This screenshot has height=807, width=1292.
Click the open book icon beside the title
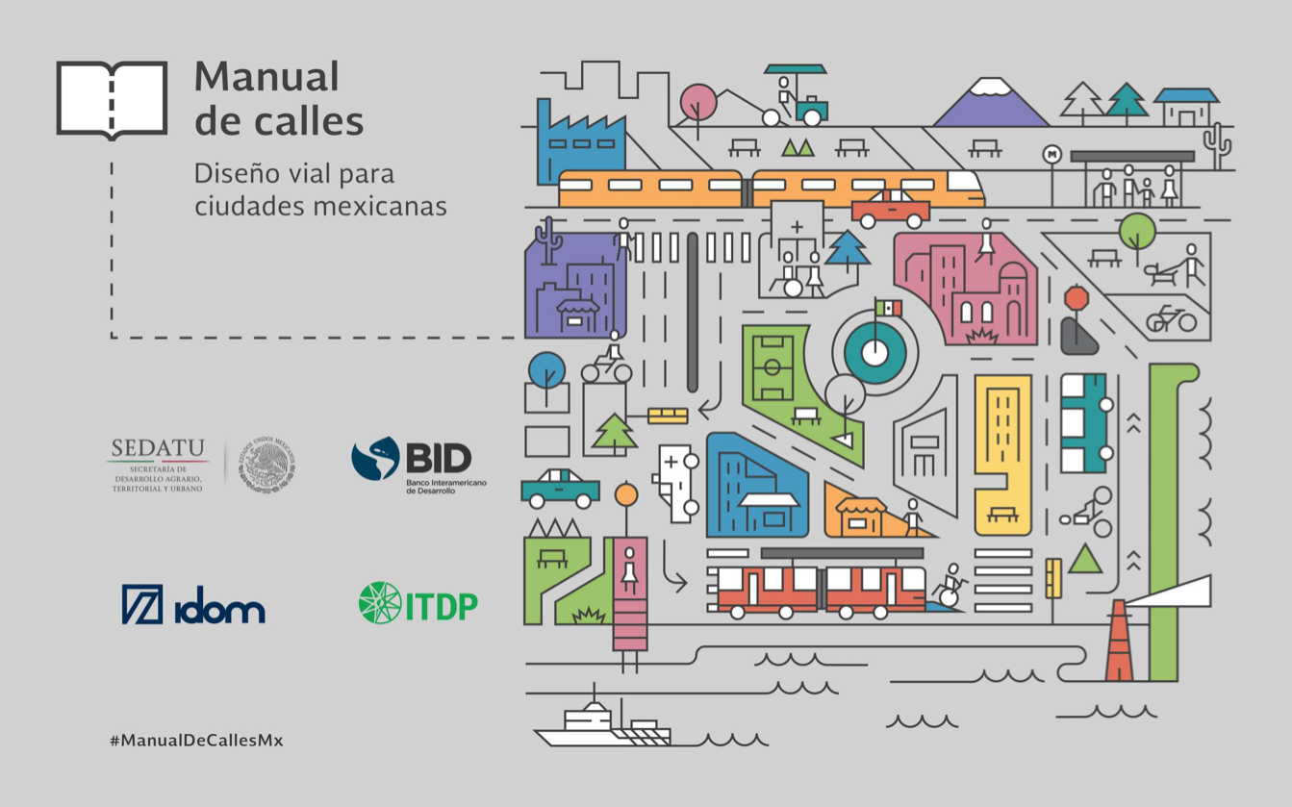pos(112,99)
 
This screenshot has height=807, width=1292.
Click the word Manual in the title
pos(266,77)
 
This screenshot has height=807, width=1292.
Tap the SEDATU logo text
pos(158,448)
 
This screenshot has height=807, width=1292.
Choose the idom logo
pos(193,605)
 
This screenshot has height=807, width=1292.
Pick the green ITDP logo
pos(418,603)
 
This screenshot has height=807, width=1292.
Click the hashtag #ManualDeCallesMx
pos(196,740)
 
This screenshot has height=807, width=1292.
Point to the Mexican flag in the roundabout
pos(887,309)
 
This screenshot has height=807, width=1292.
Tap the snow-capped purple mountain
pos(991,104)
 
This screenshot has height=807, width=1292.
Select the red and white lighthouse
pos(1119,642)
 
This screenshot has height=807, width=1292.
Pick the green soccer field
pos(773,366)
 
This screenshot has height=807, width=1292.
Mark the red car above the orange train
pos(891,209)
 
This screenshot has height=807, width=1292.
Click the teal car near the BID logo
pos(560,488)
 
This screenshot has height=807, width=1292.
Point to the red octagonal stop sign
pos(1076,298)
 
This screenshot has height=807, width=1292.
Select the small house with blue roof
pos(1185,106)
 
